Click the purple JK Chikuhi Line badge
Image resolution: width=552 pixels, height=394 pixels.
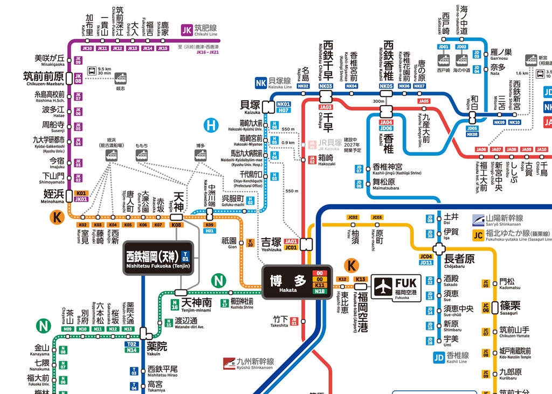(187, 30)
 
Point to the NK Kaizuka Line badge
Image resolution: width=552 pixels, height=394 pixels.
(261, 82)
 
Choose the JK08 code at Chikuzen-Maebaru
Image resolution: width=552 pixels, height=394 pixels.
(78, 78)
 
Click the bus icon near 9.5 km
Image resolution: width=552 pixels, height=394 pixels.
(92, 70)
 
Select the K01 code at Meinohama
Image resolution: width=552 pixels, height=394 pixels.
(81, 193)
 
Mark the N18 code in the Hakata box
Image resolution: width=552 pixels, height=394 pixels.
(320, 292)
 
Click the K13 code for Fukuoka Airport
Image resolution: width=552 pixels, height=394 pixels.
(361, 279)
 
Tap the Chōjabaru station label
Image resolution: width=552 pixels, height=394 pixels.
(459, 259)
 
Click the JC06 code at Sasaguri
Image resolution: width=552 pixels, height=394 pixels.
(486, 308)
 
